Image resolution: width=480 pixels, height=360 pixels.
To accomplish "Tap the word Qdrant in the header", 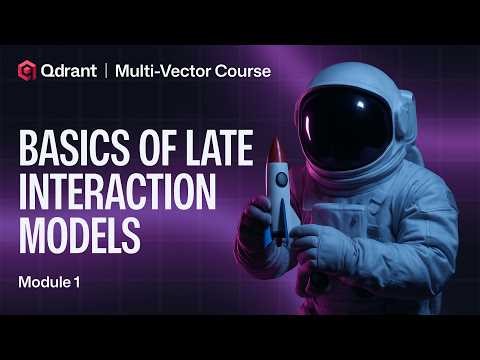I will click(x=70, y=70).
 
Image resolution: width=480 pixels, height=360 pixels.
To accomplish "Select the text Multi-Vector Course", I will click(x=192, y=70).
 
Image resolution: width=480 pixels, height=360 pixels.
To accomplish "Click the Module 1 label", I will click(x=50, y=282).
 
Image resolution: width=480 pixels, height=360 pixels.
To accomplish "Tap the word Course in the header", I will click(x=245, y=70).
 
